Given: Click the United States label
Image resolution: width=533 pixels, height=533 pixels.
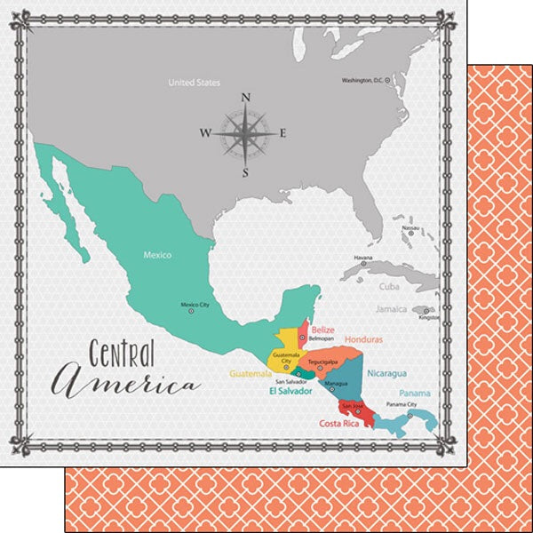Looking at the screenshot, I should pos(194,84).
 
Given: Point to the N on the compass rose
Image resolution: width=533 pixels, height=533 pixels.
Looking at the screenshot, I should pos(246,98).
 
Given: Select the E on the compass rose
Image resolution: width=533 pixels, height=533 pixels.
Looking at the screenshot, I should pos(282,134).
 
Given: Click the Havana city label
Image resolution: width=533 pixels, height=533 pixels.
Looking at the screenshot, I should pos(363,259).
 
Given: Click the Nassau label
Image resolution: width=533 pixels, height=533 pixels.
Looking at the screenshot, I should pos(410,228).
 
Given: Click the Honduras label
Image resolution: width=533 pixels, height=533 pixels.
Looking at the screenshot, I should pos(364,340).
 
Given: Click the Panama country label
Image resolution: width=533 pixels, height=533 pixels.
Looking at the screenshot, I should pos(415,393).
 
